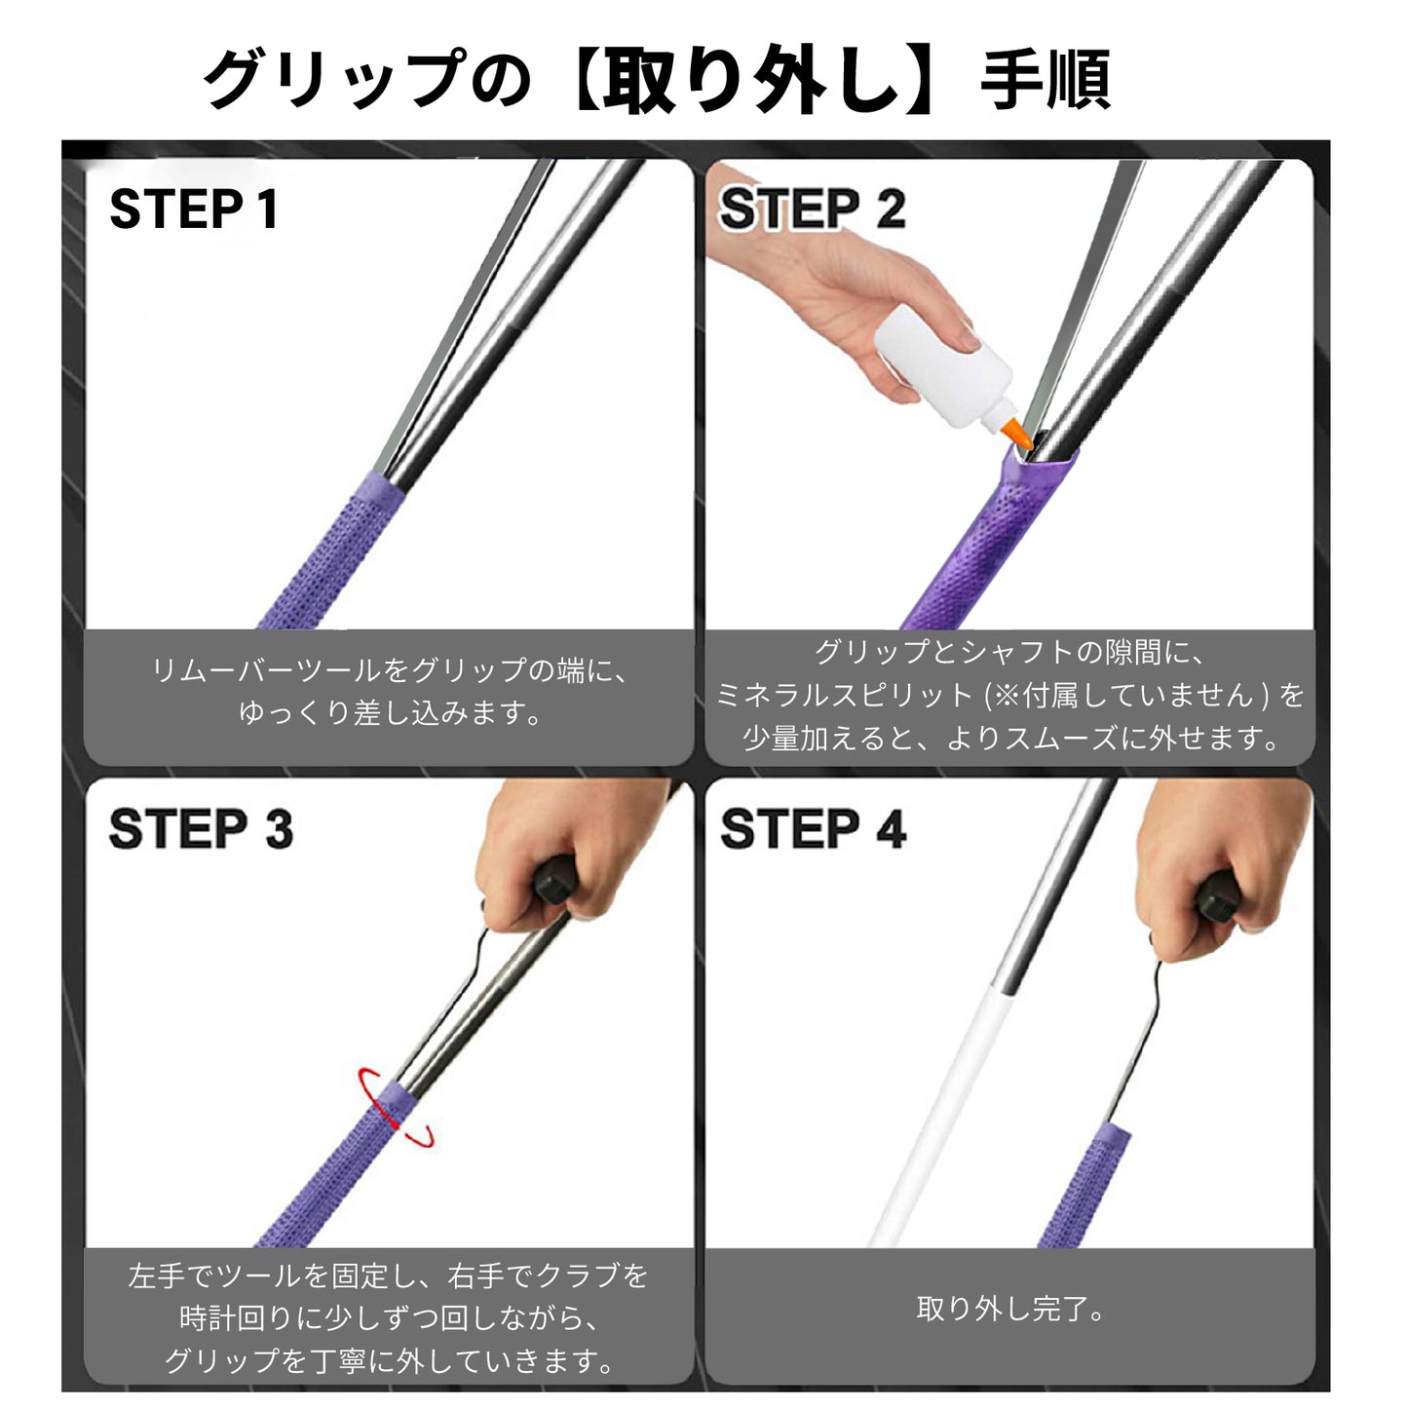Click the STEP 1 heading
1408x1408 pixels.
coord(194,209)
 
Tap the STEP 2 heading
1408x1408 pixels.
coord(812,209)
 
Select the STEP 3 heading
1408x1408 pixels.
coord(201,829)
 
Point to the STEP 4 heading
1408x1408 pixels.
coord(813,829)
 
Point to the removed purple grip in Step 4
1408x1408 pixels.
coord(1086,1189)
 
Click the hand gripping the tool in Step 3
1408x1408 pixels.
coord(565,848)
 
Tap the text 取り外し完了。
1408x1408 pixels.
coord(1009,1308)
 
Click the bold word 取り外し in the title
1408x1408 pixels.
coord(750,80)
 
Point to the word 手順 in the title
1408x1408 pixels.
coord(1045,80)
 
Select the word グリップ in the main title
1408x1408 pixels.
coord(331,80)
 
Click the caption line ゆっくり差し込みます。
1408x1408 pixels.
coord(390,712)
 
